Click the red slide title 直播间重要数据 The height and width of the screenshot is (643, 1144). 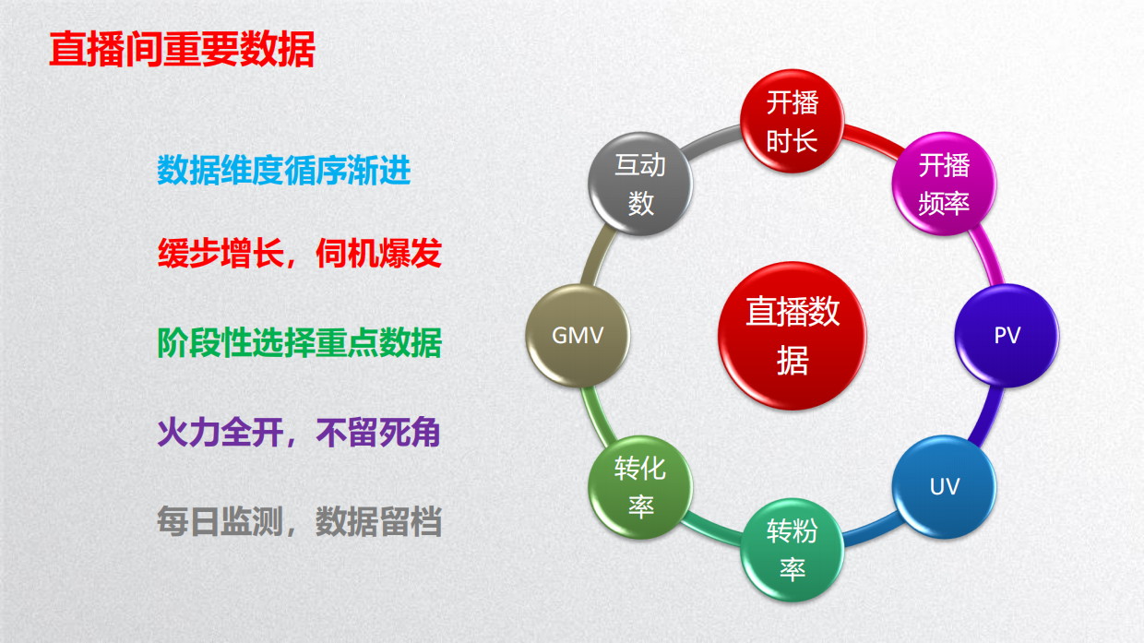tap(182, 51)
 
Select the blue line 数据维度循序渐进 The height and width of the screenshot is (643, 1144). tap(283, 171)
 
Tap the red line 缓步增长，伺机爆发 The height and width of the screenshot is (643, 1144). tap(299, 254)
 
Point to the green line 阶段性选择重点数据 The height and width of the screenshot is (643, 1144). tap(299, 343)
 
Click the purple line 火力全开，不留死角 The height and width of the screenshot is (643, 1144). tap(298, 433)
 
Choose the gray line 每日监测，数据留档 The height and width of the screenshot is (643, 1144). tap(299, 522)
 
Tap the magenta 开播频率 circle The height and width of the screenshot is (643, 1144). tap(944, 183)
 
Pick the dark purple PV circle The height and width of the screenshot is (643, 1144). tap(1007, 335)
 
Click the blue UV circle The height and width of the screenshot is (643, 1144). tap(944, 486)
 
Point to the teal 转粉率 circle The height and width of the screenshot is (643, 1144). tap(792, 549)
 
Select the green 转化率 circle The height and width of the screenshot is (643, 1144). tap(639, 485)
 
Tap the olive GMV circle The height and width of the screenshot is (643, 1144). tap(578, 334)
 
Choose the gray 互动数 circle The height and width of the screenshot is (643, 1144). tap(640, 183)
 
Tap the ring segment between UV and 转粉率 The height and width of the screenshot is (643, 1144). tap(872, 532)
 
